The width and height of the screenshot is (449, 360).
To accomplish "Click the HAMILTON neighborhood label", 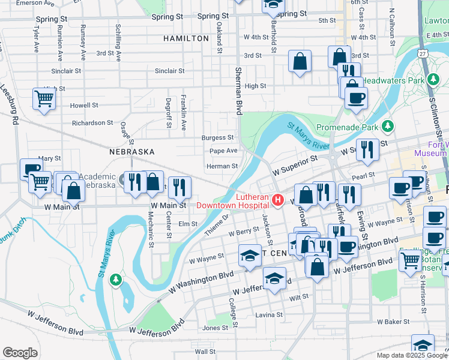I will [x=186, y=38].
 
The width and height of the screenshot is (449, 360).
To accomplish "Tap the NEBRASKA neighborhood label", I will [x=132, y=152].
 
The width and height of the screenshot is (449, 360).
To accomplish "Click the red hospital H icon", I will [x=277, y=200].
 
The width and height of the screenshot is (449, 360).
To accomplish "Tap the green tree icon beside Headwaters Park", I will [x=432, y=79].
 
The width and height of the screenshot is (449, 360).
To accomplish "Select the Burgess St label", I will [x=217, y=137].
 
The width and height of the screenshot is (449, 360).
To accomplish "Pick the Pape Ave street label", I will [x=224, y=151].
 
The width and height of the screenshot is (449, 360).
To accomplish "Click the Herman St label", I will [x=222, y=166].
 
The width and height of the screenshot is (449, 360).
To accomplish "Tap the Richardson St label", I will [x=92, y=123].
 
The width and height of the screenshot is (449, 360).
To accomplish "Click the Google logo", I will [x=20, y=353].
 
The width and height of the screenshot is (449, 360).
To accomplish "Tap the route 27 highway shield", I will [x=423, y=54].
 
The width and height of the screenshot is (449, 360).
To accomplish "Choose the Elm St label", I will [x=188, y=224].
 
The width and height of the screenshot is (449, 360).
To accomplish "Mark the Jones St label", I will [x=215, y=328].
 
